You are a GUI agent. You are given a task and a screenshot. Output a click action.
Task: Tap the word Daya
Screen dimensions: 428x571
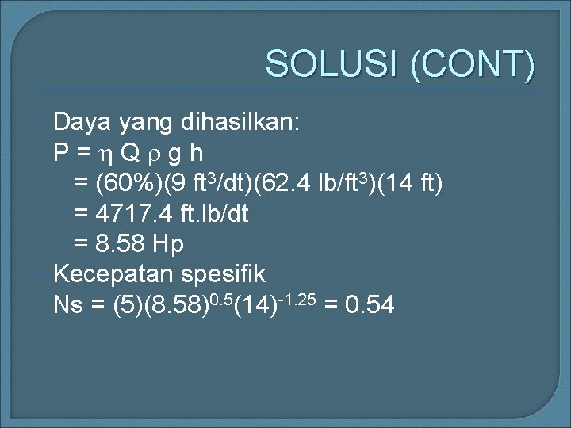click(82, 123)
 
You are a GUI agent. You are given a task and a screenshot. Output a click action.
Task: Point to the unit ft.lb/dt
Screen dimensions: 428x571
click(211, 215)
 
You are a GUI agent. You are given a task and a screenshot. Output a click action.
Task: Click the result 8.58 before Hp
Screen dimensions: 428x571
click(121, 245)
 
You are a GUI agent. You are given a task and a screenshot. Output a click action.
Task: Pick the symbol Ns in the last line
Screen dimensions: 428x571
click(67, 305)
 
